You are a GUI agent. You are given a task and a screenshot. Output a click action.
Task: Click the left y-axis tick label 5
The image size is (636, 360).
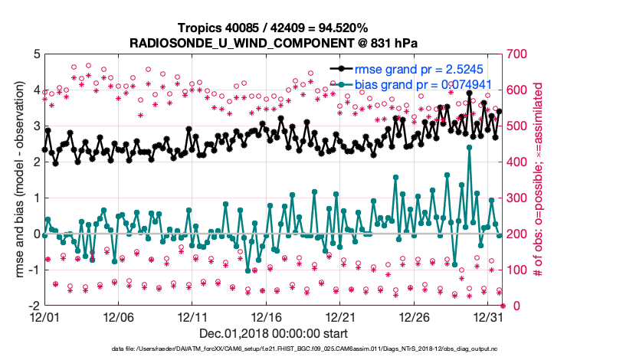(36, 54)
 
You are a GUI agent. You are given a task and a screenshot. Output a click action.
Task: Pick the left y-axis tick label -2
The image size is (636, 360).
(34, 306)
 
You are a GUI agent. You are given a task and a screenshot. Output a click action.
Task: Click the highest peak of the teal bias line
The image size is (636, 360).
(469, 147)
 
